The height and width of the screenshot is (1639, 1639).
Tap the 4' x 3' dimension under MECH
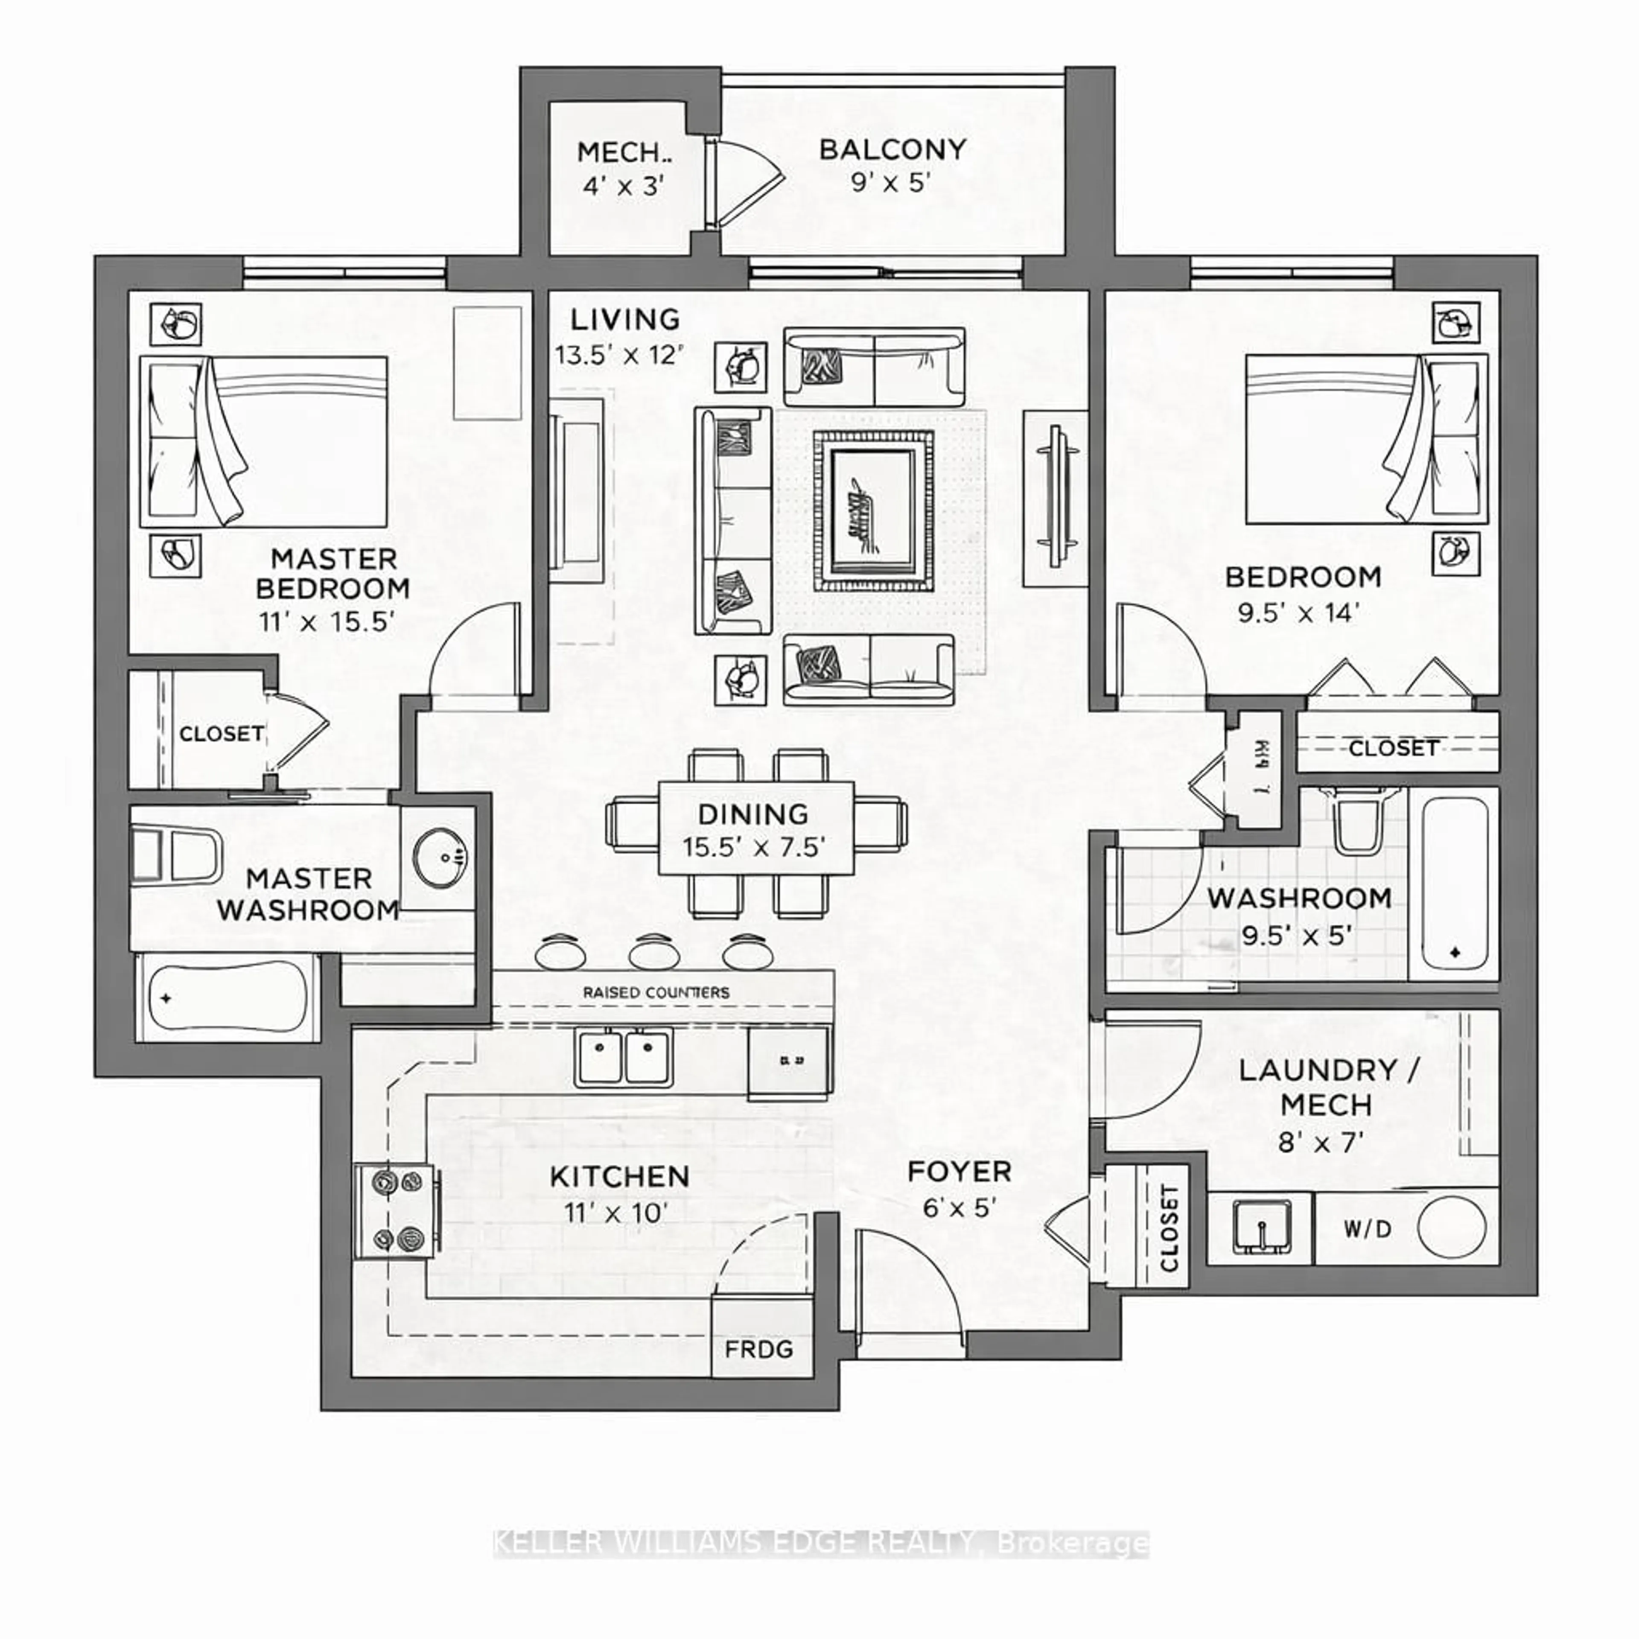pyautogui.click(x=622, y=186)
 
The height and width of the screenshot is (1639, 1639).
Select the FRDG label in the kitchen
pyautogui.click(x=758, y=1348)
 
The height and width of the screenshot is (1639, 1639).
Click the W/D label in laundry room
pyautogui.click(x=1368, y=1228)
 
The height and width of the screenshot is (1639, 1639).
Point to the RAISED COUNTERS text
pyautogui.click(x=656, y=992)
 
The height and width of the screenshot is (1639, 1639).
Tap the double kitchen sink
pyautogui.click(x=624, y=1056)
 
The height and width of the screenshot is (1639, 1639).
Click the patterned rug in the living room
pyautogui.click(x=873, y=511)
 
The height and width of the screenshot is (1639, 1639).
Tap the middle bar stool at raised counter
pyautogui.click(x=654, y=951)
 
